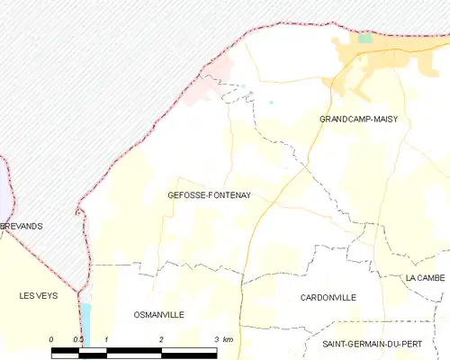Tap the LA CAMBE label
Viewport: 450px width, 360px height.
(425, 277)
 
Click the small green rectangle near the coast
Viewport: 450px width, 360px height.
(364, 38)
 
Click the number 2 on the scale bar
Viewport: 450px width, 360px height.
(161, 339)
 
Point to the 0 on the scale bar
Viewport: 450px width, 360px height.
(51, 339)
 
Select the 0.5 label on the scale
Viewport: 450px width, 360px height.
(78, 339)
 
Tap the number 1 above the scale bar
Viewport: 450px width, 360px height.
(106, 339)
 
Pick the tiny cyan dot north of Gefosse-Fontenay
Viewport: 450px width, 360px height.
(270, 102)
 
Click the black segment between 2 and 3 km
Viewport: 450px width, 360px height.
(188, 350)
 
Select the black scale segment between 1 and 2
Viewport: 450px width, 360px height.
(134, 350)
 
